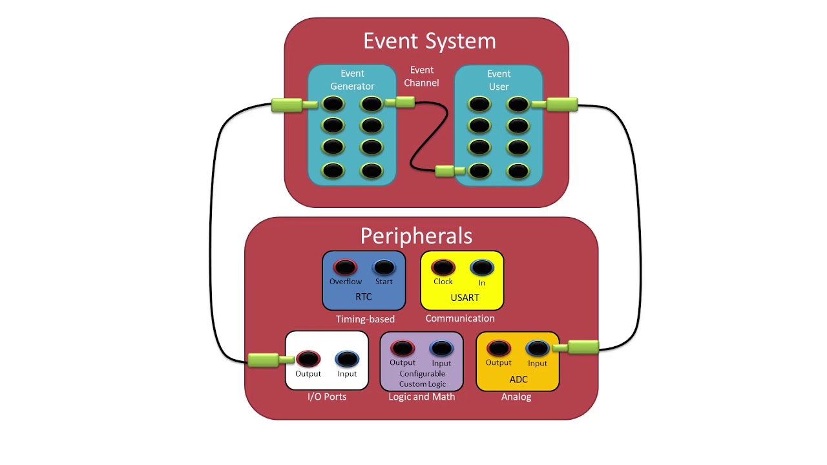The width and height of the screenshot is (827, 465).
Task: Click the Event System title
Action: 430,41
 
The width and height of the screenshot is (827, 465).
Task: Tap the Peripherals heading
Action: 416,235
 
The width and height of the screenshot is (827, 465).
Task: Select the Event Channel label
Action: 422,76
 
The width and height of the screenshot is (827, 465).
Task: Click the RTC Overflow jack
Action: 345,267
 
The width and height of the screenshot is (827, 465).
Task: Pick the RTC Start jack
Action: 384,267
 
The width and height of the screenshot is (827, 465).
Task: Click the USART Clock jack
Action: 443,267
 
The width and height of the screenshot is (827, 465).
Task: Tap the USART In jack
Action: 481,267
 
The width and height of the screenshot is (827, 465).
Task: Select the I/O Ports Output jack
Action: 308,359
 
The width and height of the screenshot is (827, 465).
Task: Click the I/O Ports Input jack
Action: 347,359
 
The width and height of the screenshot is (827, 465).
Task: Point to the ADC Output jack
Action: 499,349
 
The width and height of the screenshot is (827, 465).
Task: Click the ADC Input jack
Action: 538,349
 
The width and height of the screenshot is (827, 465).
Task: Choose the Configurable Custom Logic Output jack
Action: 403,349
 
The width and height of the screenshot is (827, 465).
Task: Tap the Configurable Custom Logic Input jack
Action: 441,349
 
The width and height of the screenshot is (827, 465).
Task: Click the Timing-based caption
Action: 365,319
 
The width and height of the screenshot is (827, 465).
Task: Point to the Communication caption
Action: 460,318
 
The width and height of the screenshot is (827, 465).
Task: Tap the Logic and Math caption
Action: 422,397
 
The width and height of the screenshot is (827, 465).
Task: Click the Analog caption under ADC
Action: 516,397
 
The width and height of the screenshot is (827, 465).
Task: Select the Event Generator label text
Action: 352,80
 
